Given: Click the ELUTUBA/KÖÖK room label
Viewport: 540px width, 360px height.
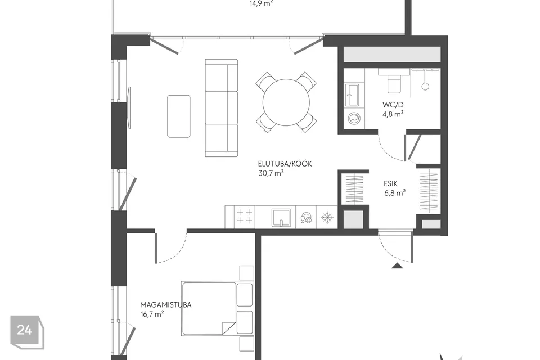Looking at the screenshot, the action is pos(285,164).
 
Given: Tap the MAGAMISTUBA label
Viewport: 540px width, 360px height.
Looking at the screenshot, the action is pos(165,305).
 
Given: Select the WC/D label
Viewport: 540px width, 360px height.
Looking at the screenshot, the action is pos(393,105).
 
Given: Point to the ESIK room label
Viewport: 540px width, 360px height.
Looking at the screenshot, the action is pos(390,183).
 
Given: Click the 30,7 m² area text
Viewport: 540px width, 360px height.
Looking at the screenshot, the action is pos(271,173).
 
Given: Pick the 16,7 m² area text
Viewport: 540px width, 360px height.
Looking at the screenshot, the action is pos(152,314).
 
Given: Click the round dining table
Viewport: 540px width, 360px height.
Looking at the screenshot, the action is pos(286,102).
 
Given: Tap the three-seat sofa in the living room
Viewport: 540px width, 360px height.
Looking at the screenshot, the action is pos(222,108).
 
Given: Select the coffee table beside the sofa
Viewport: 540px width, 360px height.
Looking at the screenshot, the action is pos(179,116).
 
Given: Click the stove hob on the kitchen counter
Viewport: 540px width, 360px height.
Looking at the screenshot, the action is pos(245,217).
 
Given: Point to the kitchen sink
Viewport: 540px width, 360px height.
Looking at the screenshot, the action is pos(281,217).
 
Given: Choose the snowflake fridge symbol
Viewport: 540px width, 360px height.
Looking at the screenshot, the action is pos(327,217).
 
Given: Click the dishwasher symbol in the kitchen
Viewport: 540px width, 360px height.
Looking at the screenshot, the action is pos(306,218).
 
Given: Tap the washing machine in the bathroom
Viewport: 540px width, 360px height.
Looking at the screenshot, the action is pos(354,118).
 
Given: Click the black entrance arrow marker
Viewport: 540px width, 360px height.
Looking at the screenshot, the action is pos(397,265).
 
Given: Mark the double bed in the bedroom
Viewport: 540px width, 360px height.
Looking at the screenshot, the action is pos(217,309).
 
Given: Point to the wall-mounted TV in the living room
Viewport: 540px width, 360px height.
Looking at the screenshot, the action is pos(129,107).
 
